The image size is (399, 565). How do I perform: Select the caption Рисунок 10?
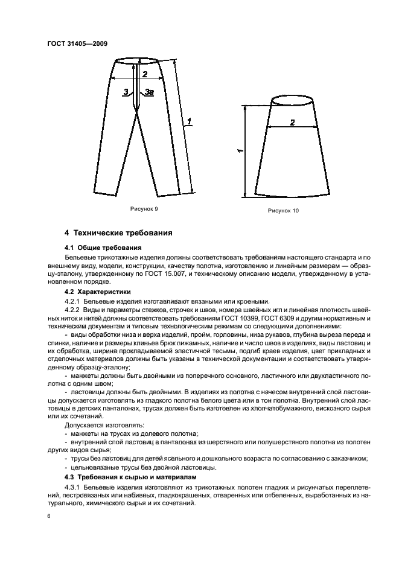click(283, 211)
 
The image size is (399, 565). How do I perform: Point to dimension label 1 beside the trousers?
click(190, 123)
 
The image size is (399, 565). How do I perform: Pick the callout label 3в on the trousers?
click(149, 92)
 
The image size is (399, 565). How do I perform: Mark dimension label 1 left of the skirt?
click(240, 151)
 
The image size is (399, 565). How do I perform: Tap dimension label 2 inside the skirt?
click(292, 123)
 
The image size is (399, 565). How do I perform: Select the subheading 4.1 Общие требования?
click(103, 247)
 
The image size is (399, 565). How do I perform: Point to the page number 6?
click(48, 517)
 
